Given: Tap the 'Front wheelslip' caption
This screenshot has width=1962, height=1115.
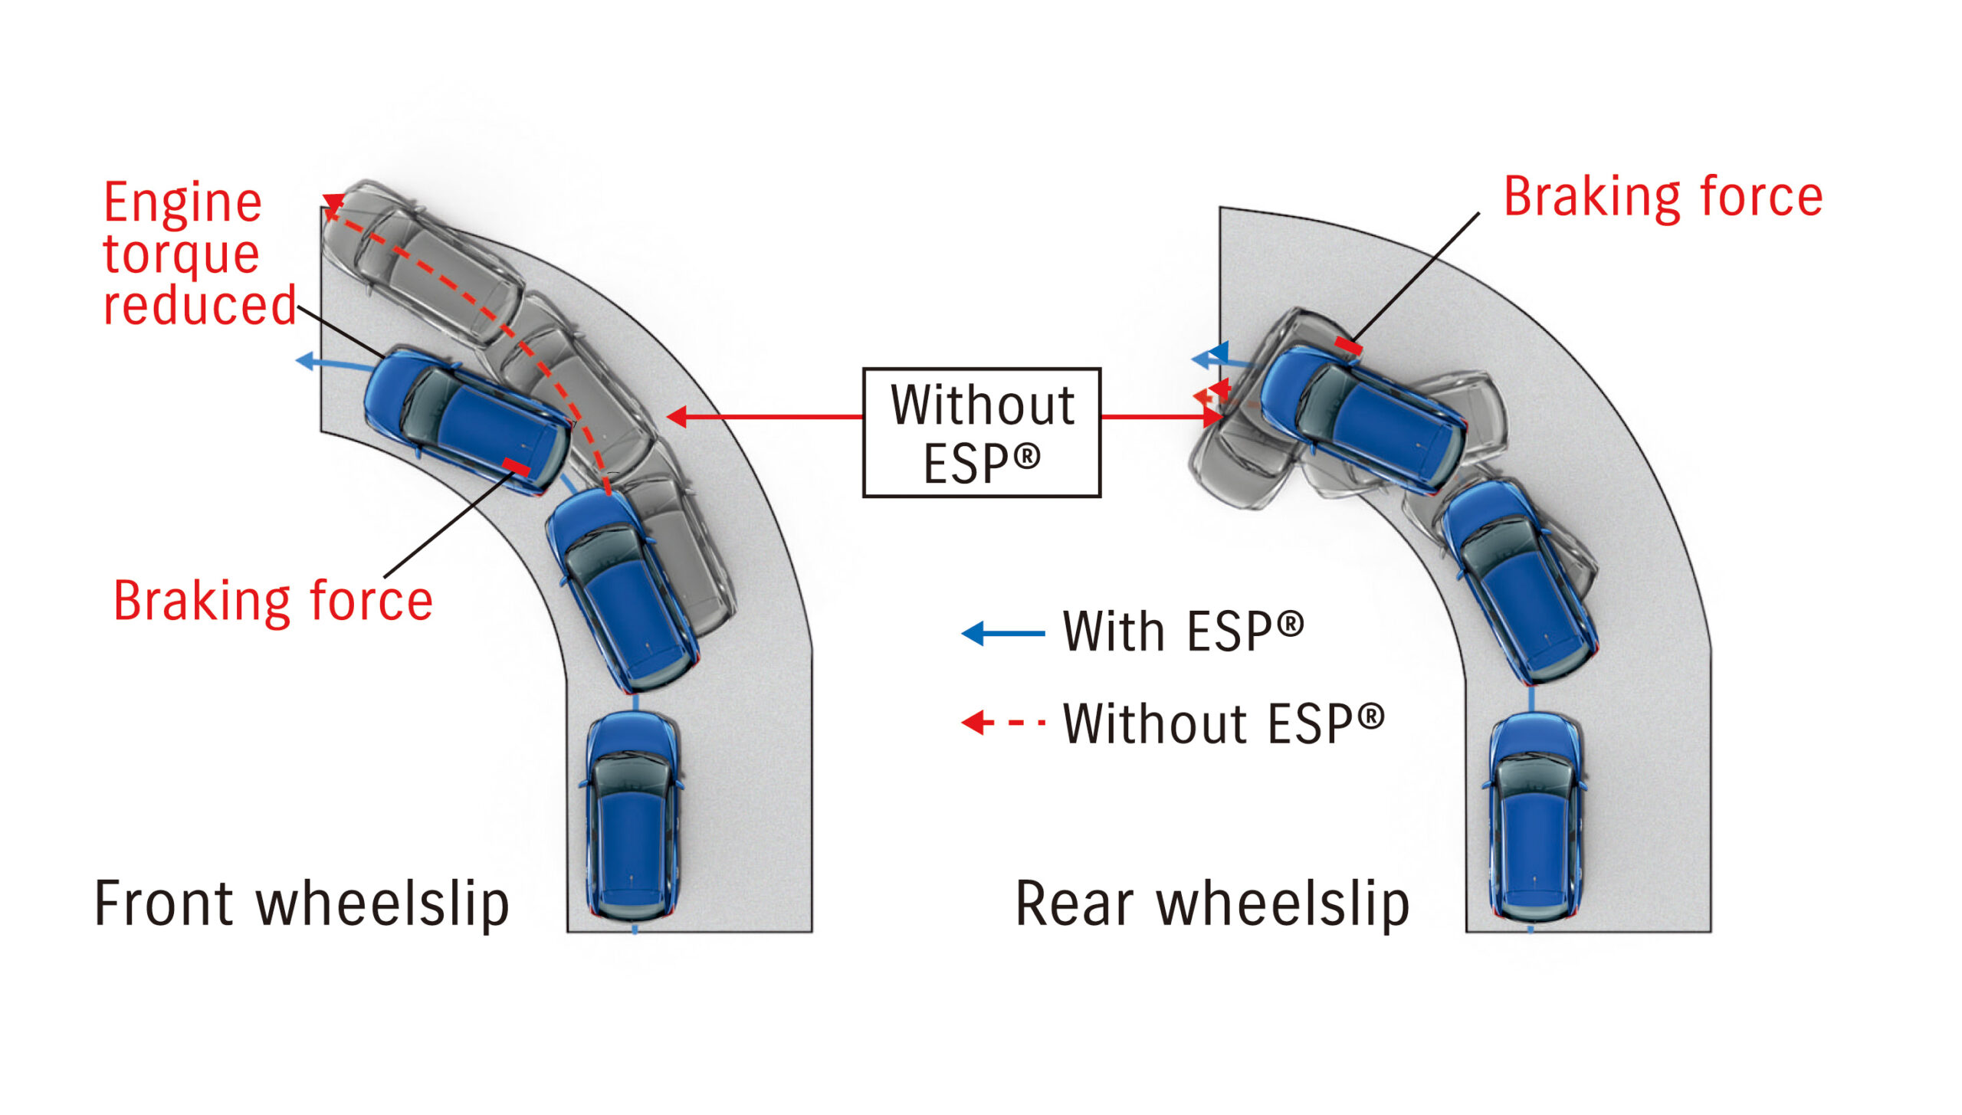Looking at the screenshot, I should (302, 904).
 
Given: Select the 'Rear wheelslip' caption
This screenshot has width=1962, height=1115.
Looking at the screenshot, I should (1212, 904).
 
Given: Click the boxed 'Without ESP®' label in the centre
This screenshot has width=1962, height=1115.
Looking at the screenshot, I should (982, 433).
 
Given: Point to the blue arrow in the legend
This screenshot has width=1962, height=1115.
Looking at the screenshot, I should (1002, 634).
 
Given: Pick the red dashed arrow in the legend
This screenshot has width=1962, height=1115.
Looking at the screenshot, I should (1002, 722).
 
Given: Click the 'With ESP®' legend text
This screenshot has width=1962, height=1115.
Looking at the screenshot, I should (1183, 632).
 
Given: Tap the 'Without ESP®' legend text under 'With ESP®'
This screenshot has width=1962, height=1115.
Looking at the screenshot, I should (1223, 723).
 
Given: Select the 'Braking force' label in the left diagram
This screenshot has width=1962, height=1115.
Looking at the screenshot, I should (273, 601).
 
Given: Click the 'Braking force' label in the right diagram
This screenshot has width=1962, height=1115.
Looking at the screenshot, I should (1662, 198).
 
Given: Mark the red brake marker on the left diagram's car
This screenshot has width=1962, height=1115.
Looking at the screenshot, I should (516, 466).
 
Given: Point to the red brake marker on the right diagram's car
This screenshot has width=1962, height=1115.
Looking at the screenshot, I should (1348, 346).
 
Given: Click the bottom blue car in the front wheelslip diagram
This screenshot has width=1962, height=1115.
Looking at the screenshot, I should (633, 816).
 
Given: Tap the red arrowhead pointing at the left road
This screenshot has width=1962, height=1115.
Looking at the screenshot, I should (677, 417).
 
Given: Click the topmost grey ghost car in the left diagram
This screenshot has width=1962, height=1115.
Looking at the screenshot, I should (422, 261).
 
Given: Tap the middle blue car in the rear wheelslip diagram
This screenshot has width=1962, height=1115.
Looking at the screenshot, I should (1517, 582).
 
